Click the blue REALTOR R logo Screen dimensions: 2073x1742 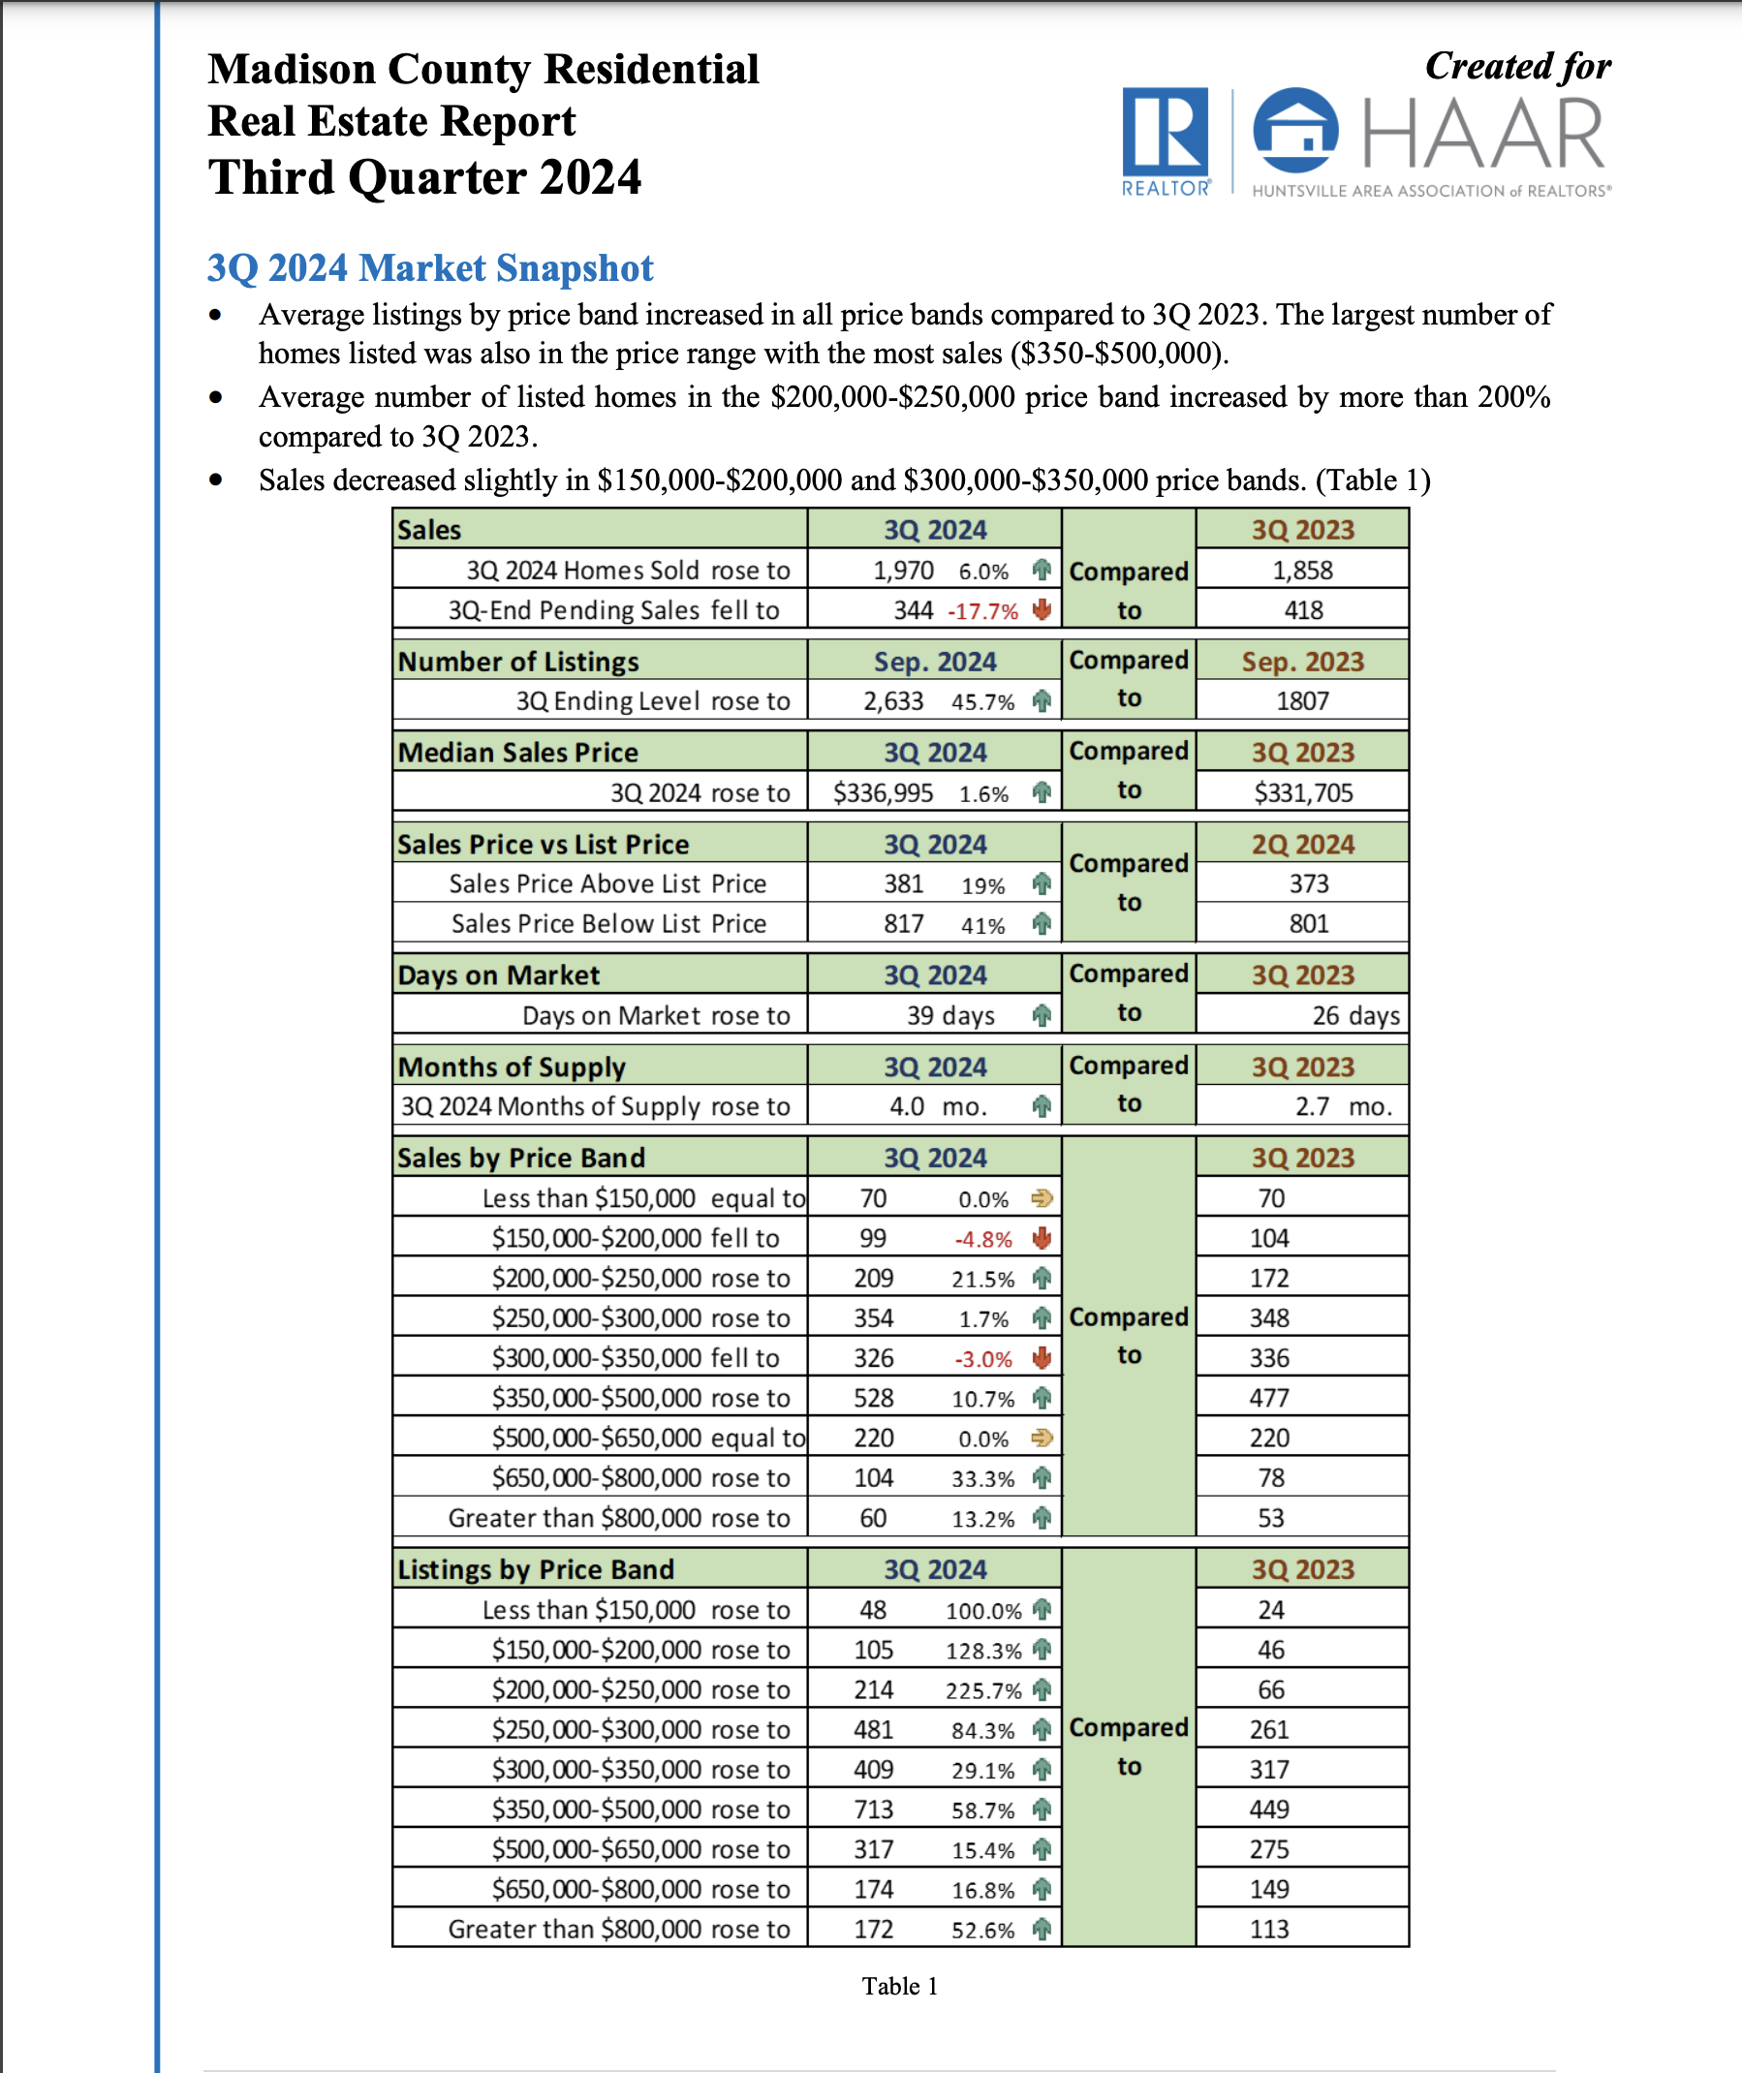[1165, 133]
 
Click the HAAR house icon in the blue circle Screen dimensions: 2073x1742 [1294, 131]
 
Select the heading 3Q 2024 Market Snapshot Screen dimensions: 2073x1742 [429, 267]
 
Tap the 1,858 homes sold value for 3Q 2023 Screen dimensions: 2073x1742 [1301, 571]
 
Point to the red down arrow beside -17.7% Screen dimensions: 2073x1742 [1041, 610]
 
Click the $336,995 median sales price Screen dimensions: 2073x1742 [882, 792]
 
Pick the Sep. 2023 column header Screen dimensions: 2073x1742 [1301, 662]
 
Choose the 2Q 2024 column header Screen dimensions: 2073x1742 [1301, 844]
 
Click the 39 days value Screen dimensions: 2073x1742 [950, 1016]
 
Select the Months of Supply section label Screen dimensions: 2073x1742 [512, 1067]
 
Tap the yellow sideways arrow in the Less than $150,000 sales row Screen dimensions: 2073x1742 [1041, 1198]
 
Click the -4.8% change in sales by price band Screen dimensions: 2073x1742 [982, 1239]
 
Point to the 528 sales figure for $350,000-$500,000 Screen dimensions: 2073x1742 [873, 1398]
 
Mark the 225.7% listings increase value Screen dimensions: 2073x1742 [982, 1691]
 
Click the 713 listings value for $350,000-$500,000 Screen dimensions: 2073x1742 [873, 1810]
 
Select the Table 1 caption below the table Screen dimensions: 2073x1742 [899, 1986]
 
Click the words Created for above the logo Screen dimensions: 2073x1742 [1517, 66]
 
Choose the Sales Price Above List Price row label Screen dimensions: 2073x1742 [607, 883]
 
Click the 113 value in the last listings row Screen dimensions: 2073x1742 [1269, 1929]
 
